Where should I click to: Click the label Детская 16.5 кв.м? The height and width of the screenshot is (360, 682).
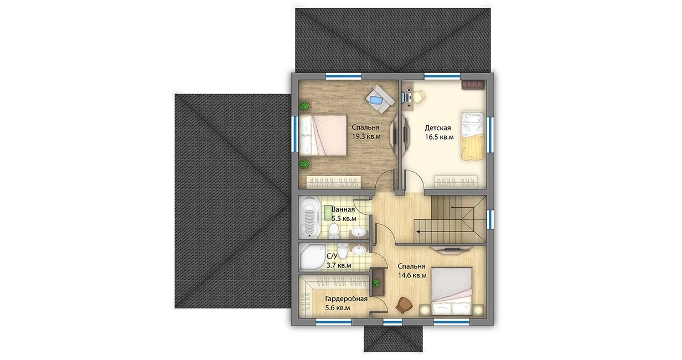(x=439, y=132)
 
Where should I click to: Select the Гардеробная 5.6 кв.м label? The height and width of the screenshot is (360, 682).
(x=346, y=304)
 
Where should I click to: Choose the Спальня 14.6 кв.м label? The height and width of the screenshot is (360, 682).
(x=412, y=271)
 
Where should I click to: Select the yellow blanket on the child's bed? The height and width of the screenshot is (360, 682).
(x=473, y=148)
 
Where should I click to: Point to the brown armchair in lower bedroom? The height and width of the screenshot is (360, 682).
(x=404, y=305)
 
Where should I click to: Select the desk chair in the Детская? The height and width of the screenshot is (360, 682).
(x=418, y=95)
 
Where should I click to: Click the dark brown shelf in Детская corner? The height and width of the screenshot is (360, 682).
(x=473, y=84)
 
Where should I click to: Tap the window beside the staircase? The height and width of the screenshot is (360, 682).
(x=490, y=219)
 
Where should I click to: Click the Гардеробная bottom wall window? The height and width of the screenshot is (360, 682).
(x=334, y=322)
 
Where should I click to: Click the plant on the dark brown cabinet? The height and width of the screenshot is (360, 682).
(x=377, y=283)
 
